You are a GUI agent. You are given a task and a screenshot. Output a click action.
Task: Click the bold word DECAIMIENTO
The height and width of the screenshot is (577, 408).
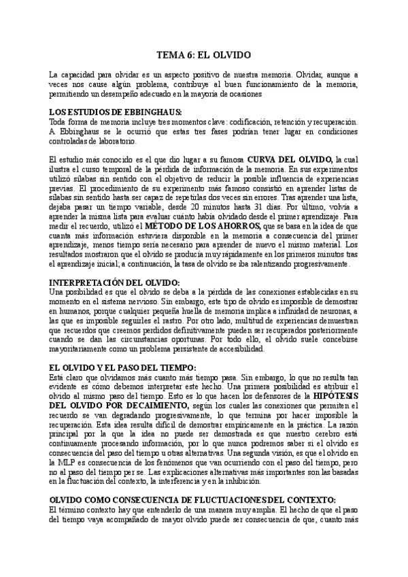(x=143, y=405)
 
